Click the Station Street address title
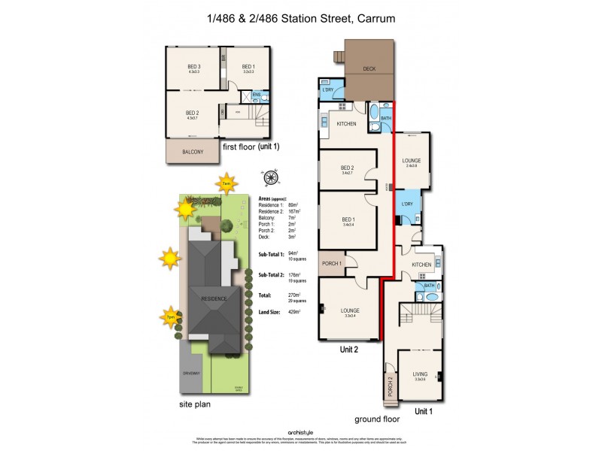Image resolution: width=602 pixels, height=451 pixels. coord(300,17)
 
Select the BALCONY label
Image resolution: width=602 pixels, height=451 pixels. coord(193,152)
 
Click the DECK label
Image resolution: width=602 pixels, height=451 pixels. coord(369,69)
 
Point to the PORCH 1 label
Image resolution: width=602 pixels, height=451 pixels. coord(332,263)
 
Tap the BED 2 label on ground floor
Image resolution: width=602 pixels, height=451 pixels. coord(346,168)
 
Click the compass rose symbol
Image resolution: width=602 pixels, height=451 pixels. coord(272,177)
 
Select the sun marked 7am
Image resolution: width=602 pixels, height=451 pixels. coord(226,183)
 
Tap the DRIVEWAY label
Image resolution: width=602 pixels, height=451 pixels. coord(190,373)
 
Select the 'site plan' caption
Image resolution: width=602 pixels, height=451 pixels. coord(195,404)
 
